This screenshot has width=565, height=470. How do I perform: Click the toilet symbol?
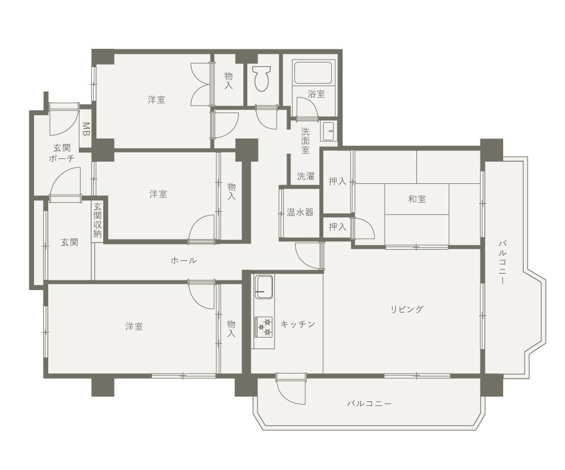262,78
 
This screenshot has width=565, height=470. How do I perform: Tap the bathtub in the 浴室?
313,73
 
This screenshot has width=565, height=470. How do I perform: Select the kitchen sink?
264,287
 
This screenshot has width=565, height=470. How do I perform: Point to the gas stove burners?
264,327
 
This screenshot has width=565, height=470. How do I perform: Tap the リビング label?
407,309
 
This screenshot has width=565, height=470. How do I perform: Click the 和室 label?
417,199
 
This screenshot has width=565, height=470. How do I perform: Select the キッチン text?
298,324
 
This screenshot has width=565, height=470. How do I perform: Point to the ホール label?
183,260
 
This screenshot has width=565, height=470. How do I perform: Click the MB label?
86,129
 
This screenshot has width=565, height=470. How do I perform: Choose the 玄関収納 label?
98,220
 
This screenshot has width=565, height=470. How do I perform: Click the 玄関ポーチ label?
62,153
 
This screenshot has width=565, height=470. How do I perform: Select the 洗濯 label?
306,176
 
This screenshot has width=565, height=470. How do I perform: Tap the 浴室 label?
317,94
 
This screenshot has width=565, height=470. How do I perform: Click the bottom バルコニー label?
369,404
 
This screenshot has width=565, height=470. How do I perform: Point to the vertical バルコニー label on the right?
502,262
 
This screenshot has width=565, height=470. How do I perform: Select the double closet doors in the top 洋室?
200,84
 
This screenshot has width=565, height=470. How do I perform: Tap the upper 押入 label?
338,181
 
